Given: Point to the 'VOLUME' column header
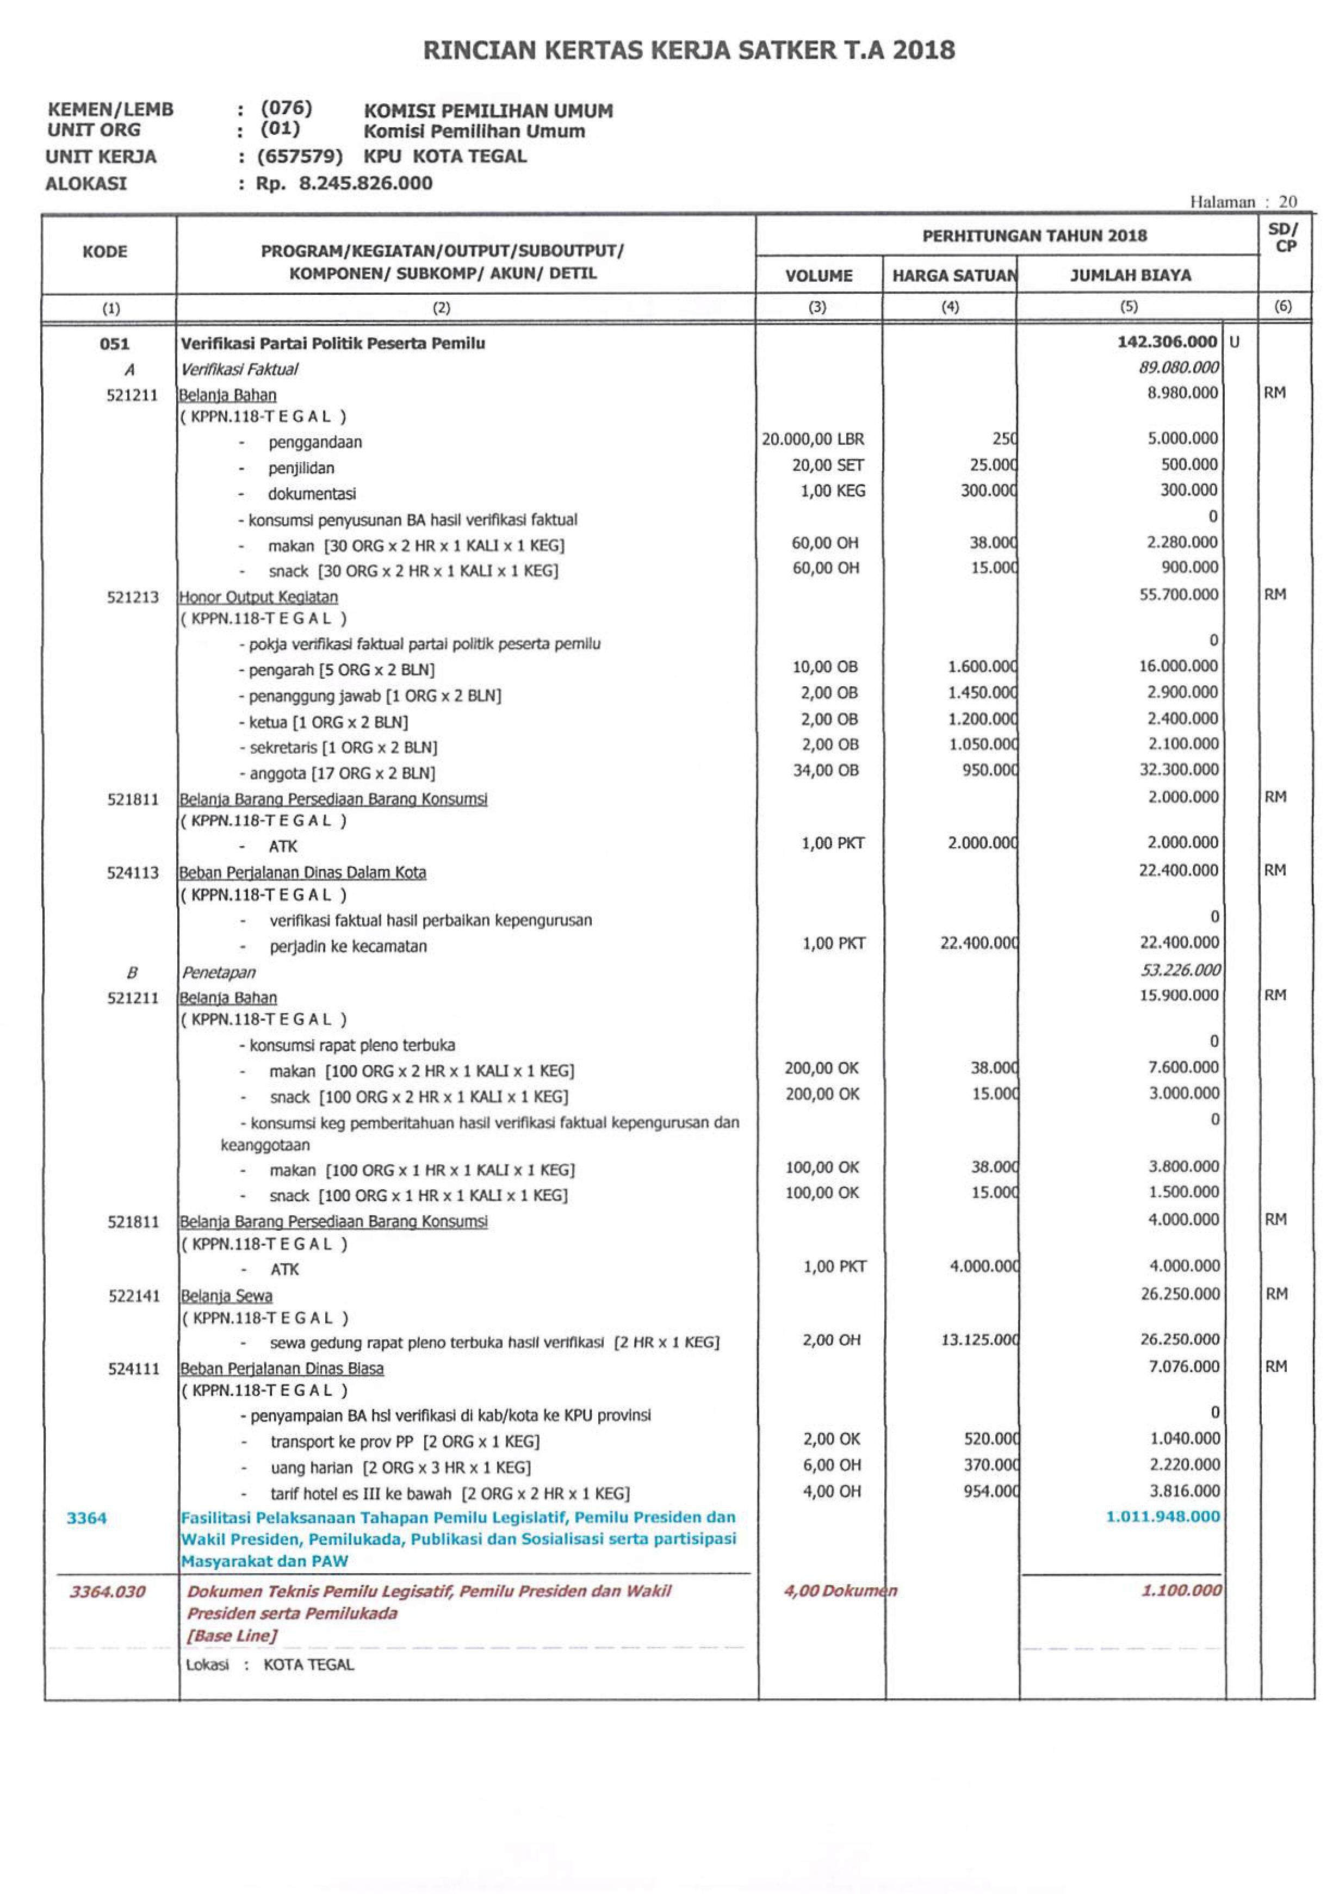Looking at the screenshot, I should click(x=819, y=276).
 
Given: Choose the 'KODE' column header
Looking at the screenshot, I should click(x=105, y=252).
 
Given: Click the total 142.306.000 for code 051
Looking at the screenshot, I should click(x=1167, y=341).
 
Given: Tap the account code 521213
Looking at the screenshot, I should click(x=132, y=597).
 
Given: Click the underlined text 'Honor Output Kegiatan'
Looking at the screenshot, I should click(x=258, y=597).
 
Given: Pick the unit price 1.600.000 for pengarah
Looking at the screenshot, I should click(x=982, y=667).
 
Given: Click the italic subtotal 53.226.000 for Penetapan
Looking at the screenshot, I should click(x=1180, y=970).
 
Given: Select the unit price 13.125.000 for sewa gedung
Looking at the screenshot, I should click(x=980, y=1340).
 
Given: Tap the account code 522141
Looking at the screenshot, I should click(x=134, y=1296).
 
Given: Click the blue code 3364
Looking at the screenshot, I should click(x=86, y=1518).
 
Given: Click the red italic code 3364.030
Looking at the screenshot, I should click(x=107, y=1591).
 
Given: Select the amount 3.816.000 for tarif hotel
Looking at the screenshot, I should click(x=1184, y=1491).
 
